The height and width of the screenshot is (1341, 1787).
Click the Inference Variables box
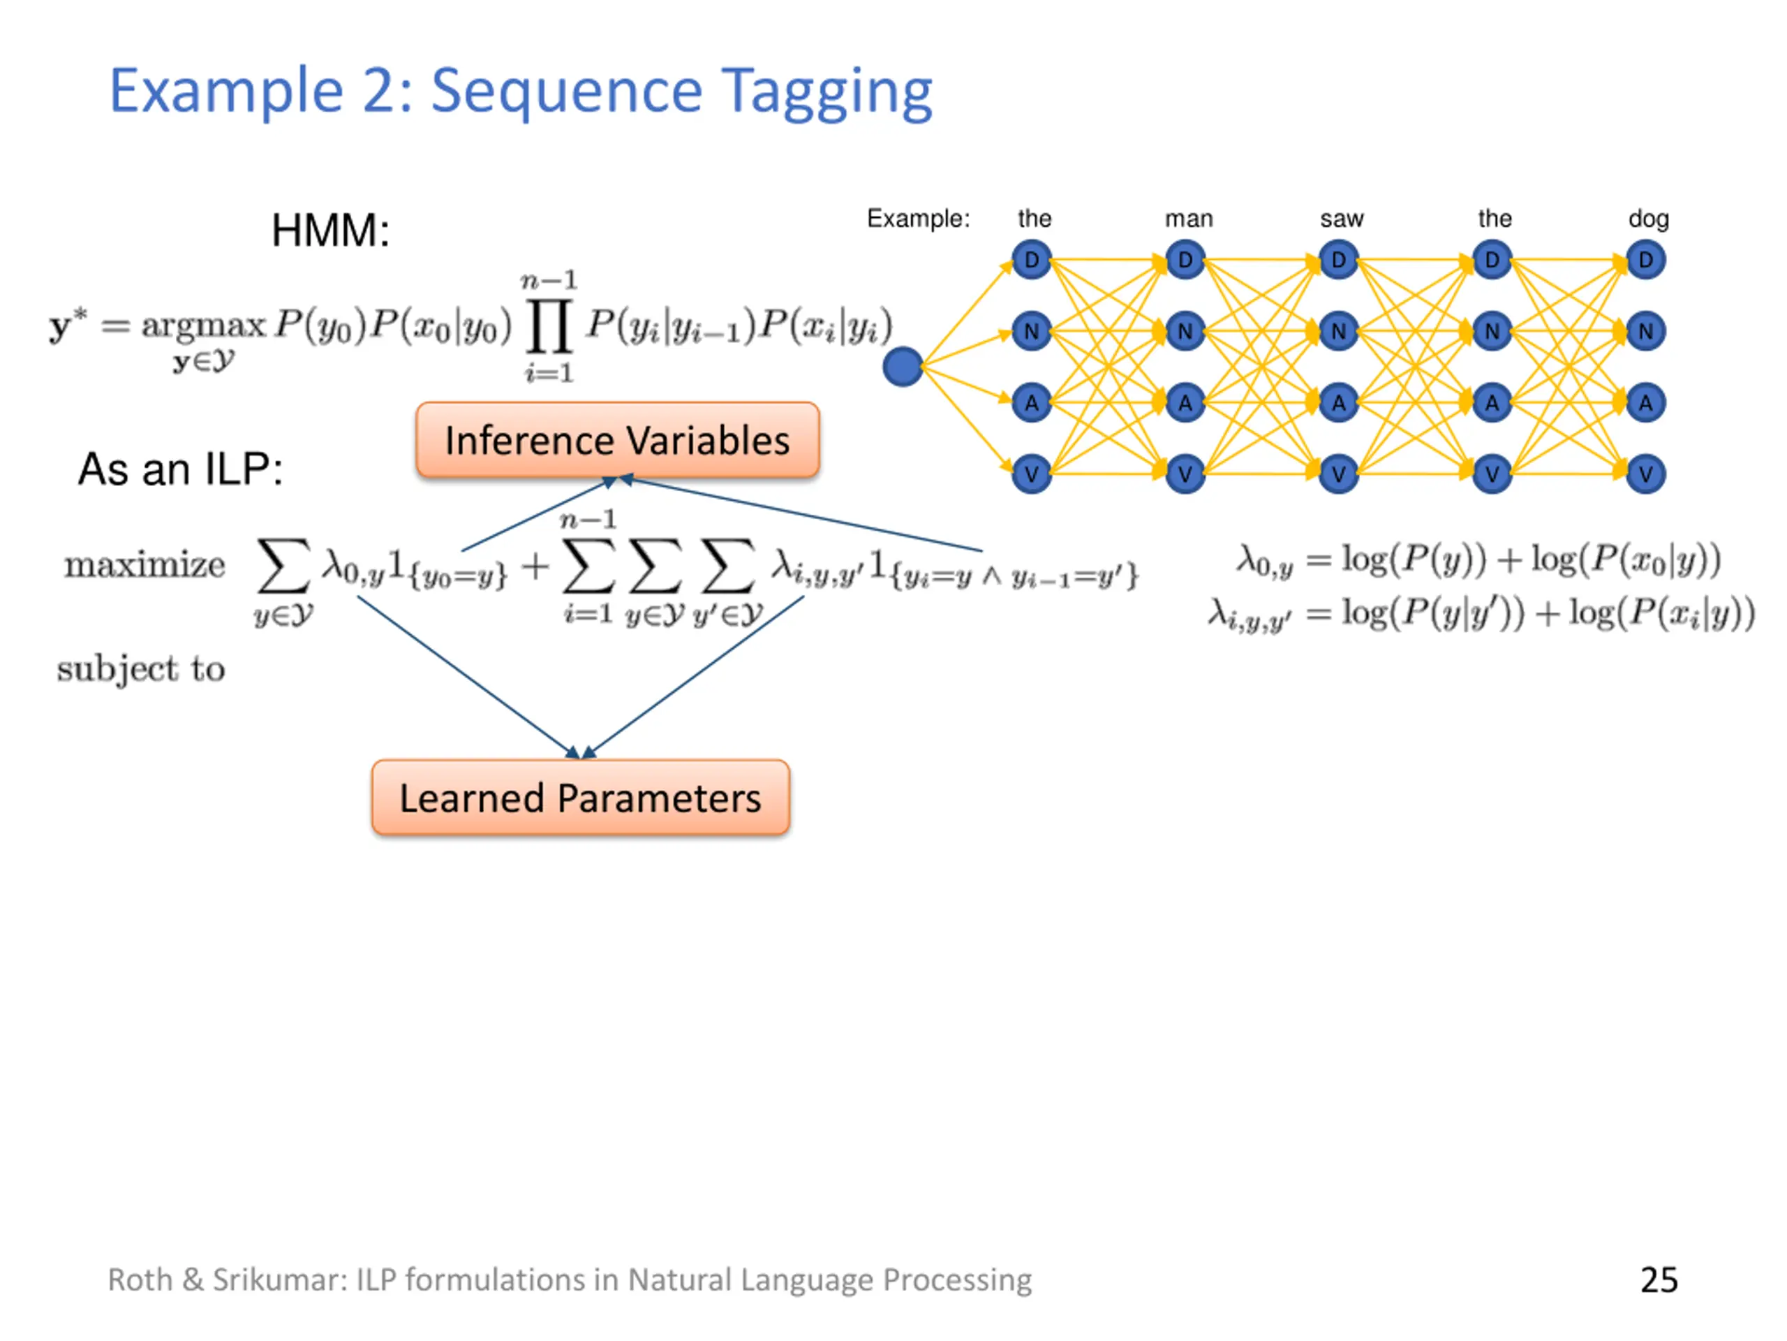[x=617, y=440]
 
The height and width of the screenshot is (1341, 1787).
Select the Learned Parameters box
[x=580, y=797]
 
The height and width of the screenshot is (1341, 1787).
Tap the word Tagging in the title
[x=826, y=92]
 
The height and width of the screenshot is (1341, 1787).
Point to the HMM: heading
[x=330, y=230]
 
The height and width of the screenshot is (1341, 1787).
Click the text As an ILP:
[x=180, y=469]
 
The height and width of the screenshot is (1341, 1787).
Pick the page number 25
[x=1659, y=1280]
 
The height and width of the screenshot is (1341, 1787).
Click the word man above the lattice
[x=1188, y=219]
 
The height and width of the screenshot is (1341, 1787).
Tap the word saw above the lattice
[x=1342, y=219]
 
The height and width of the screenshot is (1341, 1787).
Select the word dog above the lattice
[x=1649, y=219]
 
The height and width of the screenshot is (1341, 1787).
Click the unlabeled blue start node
[x=903, y=367]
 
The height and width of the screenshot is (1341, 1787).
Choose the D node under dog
[x=1645, y=261]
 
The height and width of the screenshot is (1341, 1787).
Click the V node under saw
[x=1339, y=474]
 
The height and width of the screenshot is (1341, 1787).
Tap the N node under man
[x=1185, y=332]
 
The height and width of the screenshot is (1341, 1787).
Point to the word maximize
[x=144, y=564]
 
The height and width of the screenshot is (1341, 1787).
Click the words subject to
[x=140, y=668]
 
